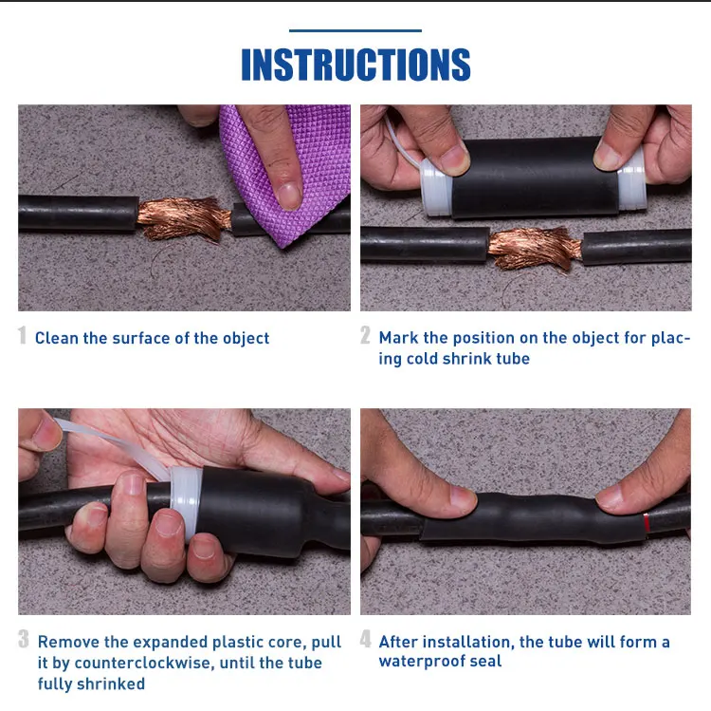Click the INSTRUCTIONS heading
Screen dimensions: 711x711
tap(355, 65)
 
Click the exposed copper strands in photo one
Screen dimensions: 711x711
tap(185, 217)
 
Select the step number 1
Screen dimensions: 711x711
tap(23, 336)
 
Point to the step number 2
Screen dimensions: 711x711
tap(366, 336)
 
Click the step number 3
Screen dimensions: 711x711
tap(24, 640)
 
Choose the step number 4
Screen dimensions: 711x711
tap(366, 640)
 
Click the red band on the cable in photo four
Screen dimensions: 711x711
tap(647, 520)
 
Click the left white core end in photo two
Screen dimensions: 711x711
tap(434, 187)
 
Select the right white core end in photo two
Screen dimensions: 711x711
tap(632, 180)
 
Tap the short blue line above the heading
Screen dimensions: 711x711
tap(355, 30)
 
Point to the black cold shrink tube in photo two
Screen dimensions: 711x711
tap(531, 177)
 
